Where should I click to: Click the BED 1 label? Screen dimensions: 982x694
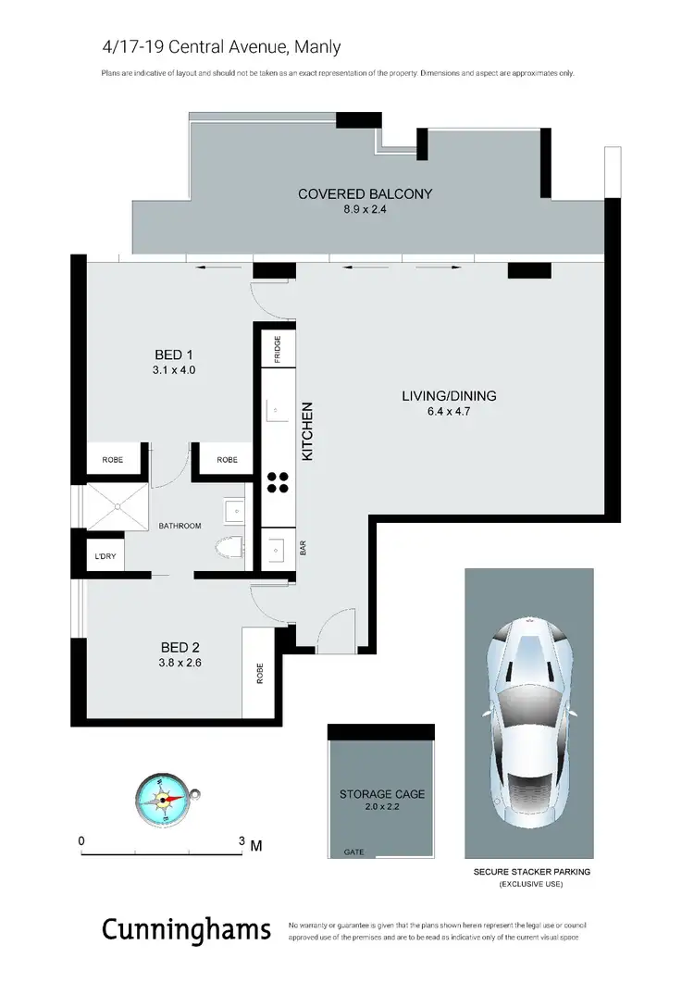coord(175,354)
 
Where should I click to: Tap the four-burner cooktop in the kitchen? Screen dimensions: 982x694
coord(278,480)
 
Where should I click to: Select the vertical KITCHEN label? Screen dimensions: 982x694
coord(309,431)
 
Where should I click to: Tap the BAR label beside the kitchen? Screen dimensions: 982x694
coord(303,548)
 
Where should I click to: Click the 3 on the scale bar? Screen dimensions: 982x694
coord(242,840)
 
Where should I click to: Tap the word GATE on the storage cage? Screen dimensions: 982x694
coord(353,851)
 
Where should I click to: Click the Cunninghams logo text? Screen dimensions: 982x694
coord(185,929)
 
